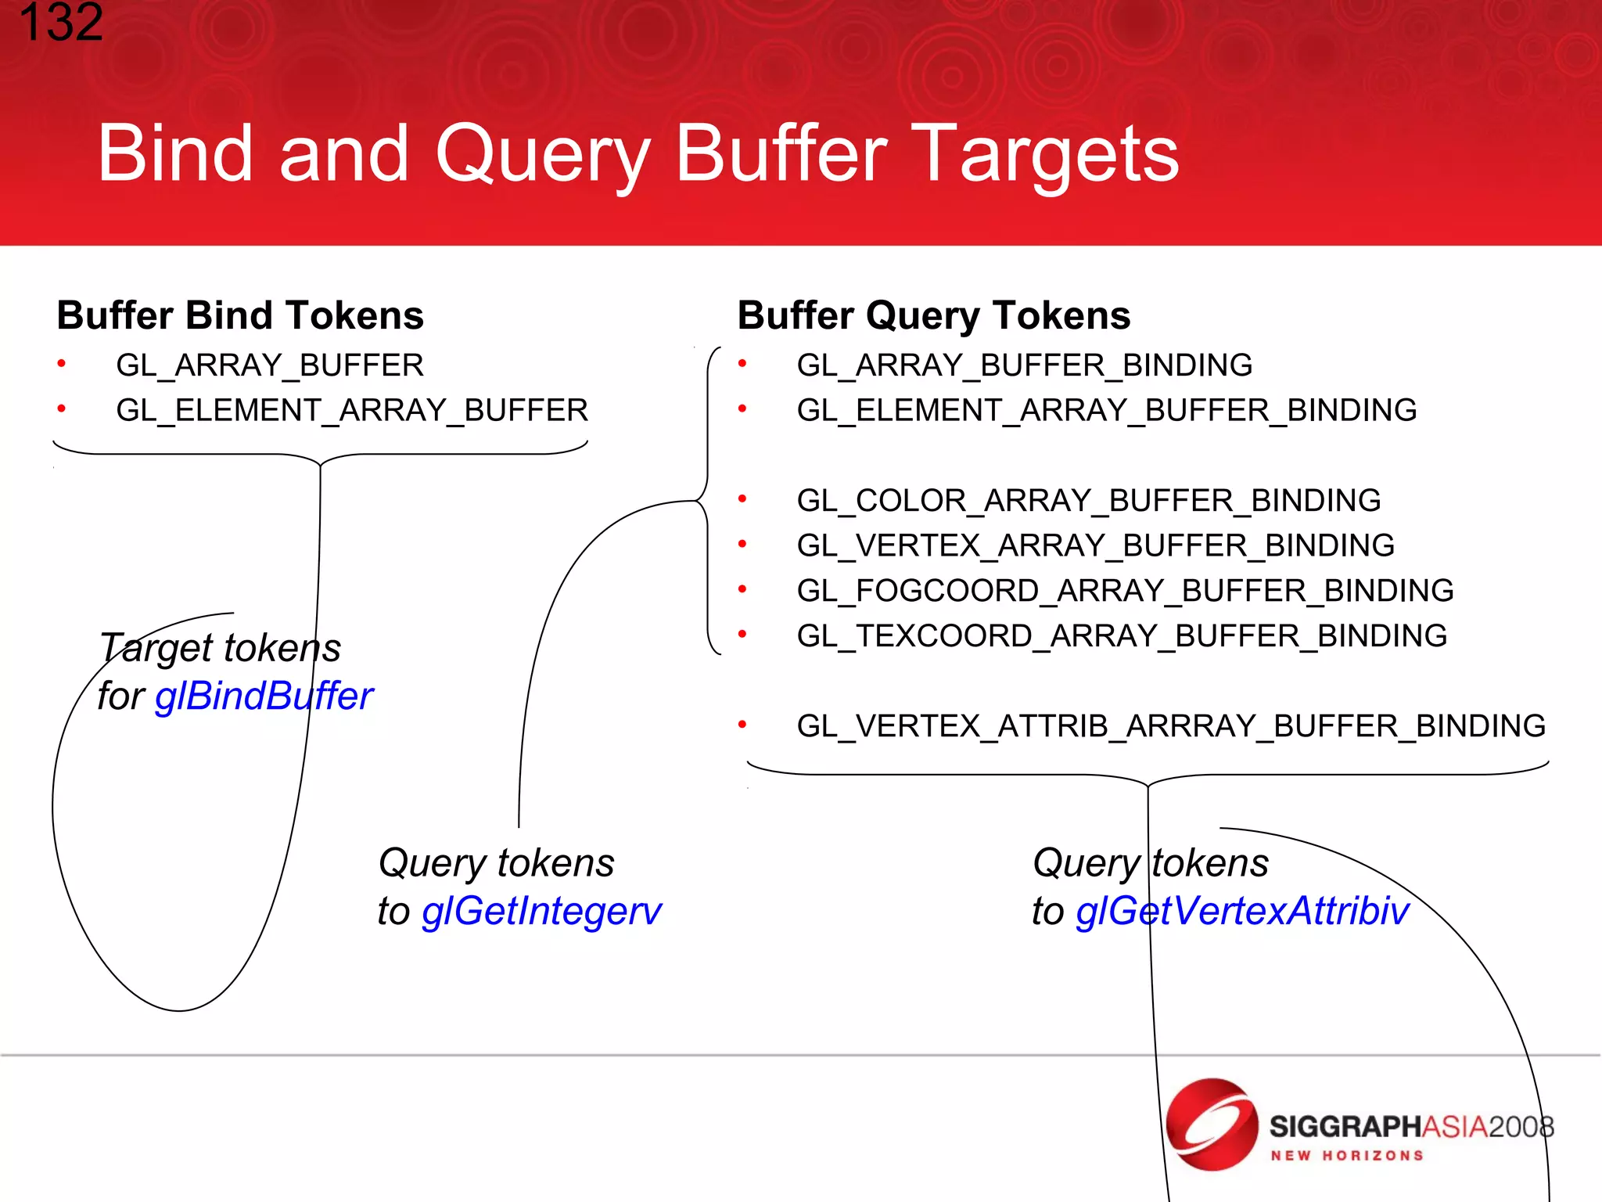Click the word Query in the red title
point(542,155)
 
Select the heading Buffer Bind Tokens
point(240,315)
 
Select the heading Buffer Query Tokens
point(934,315)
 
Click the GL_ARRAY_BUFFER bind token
point(270,365)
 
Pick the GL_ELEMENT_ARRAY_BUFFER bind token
point(352,411)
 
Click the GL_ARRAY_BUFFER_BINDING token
point(1025,365)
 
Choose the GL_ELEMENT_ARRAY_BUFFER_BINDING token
point(1107,411)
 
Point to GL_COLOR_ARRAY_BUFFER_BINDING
point(1089,501)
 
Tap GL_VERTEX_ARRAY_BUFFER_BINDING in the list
point(1095,545)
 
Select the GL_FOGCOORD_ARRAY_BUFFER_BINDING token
point(1125,591)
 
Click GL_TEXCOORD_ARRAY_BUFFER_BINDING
point(1122,636)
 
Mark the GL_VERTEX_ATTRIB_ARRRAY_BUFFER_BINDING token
point(1171,726)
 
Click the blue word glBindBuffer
point(264,696)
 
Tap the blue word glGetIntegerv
point(541,911)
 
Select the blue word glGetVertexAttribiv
point(1242,911)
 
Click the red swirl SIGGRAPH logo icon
point(1212,1125)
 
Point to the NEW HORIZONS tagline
point(1347,1156)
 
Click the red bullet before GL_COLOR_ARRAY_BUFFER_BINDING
point(742,498)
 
